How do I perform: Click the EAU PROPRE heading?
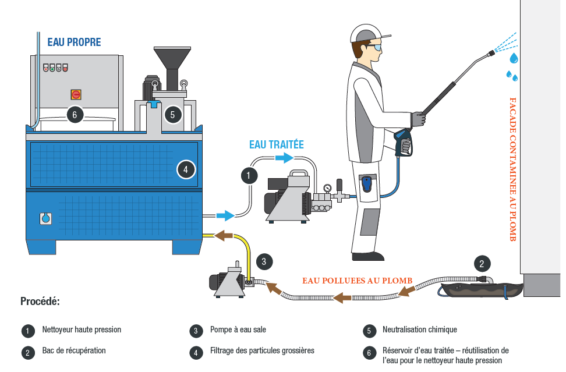pos(74,42)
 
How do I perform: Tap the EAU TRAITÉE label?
pos(277,144)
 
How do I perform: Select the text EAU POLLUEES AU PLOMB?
pos(357,281)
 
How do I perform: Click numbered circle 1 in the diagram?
pos(249,175)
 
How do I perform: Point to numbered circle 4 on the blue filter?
pos(185,169)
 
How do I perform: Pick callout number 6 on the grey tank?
pos(75,114)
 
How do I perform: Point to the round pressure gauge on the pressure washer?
pos(328,189)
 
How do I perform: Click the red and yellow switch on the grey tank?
pos(76,94)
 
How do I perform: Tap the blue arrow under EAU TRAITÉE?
pos(285,158)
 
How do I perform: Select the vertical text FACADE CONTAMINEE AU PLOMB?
pos(512,169)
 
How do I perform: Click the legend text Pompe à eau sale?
pos(238,330)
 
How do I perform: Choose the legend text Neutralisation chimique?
pos(419,330)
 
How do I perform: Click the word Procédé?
pos(40,302)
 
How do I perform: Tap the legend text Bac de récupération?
pos(73,351)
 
